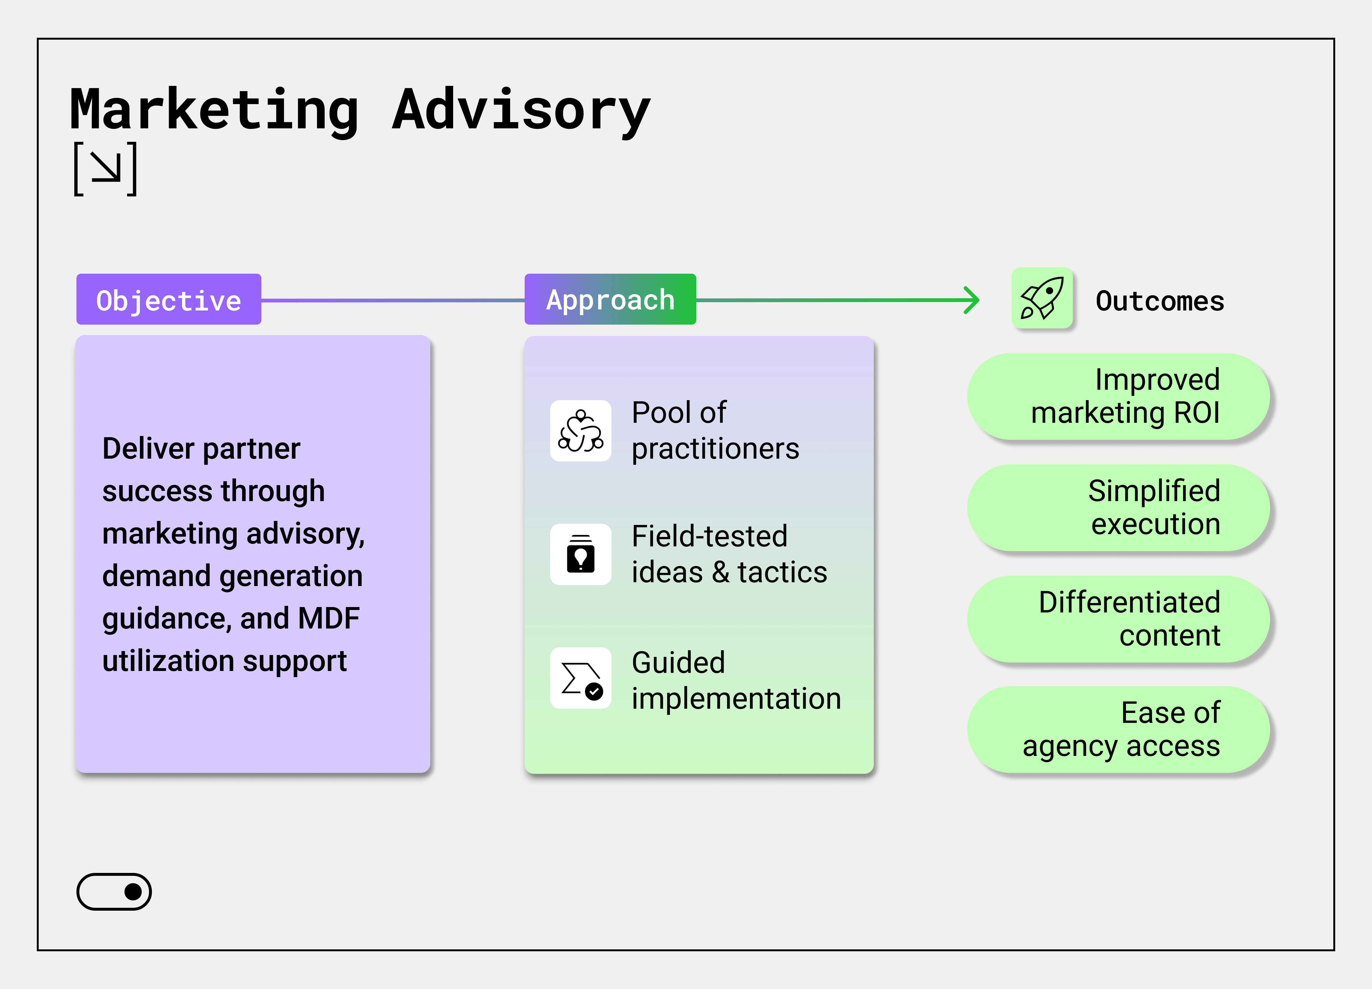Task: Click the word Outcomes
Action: click(1160, 301)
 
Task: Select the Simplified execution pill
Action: click(1118, 507)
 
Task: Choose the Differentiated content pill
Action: click(1118, 619)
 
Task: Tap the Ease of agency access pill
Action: click(1118, 729)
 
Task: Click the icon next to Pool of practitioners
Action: click(581, 431)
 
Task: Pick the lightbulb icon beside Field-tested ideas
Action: click(581, 554)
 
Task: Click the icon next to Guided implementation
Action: click(581, 678)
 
